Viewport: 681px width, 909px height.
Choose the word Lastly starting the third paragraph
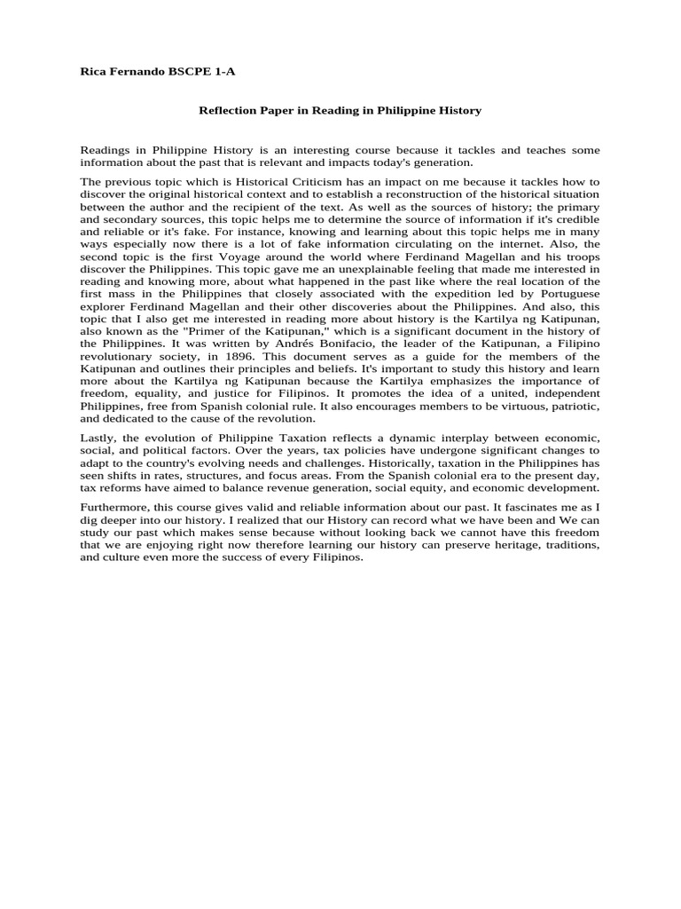tap(98, 439)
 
